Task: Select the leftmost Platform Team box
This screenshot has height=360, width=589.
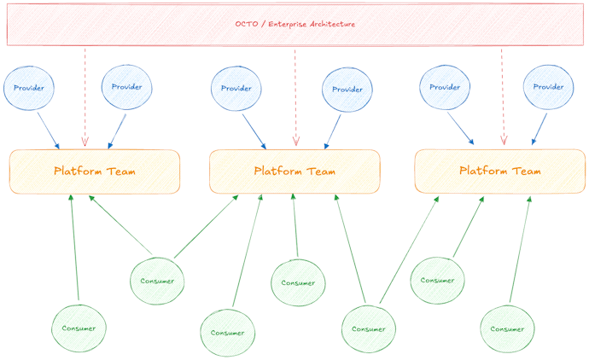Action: pos(95,171)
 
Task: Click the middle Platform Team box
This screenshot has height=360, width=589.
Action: pos(294,171)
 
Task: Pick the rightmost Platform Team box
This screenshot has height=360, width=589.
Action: pos(499,171)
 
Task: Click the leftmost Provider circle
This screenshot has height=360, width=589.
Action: pos(29,87)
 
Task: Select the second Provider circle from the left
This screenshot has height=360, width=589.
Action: pos(127,87)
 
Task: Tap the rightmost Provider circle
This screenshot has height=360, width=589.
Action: pos(548,87)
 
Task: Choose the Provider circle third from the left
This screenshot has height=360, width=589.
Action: pos(236,89)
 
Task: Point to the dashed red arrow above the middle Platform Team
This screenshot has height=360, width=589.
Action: pos(295,98)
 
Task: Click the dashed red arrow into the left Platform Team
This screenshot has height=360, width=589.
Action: pos(85,98)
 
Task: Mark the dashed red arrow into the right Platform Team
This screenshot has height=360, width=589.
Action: pos(502,98)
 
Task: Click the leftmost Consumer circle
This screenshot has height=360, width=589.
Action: pos(79,328)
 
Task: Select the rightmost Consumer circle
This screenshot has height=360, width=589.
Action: pos(507,329)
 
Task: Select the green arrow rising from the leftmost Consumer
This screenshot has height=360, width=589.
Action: pos(74,247)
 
